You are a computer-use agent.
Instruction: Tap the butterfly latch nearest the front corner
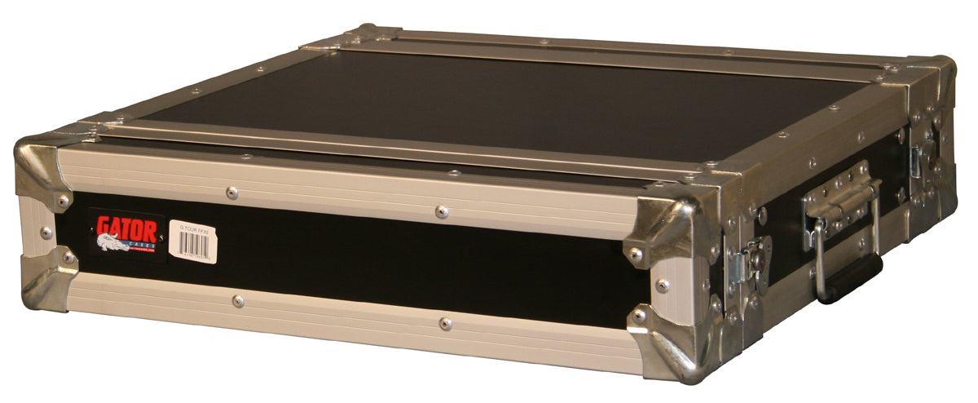pyautogui.click(x=750, y=260)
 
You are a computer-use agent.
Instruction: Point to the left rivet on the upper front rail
pyautogui.click(x=231, y=193)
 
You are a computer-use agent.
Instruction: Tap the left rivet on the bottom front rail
pyautogui.click(x=237, y=301)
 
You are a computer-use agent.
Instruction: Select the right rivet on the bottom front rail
pyautogui.click(x=445, y=324)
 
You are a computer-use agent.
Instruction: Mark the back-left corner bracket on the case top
pyautogui.click(x=371, y=36)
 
